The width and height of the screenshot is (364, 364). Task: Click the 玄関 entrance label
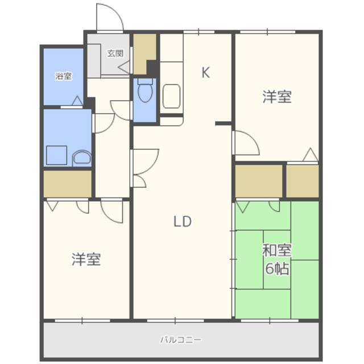[115, 53]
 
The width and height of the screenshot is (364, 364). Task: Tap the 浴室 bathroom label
[63, 76]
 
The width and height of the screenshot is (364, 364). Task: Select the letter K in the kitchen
[206, 72]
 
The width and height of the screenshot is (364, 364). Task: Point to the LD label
[183, 221]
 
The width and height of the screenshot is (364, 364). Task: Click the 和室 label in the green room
[277, 250]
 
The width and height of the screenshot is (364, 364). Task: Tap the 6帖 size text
[277, 268]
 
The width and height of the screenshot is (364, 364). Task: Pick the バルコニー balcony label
[181, 340]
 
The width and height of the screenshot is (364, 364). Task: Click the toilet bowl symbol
[145, 90]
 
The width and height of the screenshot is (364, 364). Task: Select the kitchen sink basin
[171, 96]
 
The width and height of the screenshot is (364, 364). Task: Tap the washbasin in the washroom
[82, 158]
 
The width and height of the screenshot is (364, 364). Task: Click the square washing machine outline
[57, 155]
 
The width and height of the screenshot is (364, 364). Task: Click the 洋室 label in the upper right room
[277, 97]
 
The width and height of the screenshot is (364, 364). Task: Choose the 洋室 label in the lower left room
[86, 259]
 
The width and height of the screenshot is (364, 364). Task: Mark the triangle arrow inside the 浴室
[77, 101]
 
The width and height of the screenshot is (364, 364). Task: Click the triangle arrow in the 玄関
[124, 68]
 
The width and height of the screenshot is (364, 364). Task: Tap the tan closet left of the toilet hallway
[68, 184]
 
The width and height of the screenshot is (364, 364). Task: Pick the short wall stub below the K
[224, 123]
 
